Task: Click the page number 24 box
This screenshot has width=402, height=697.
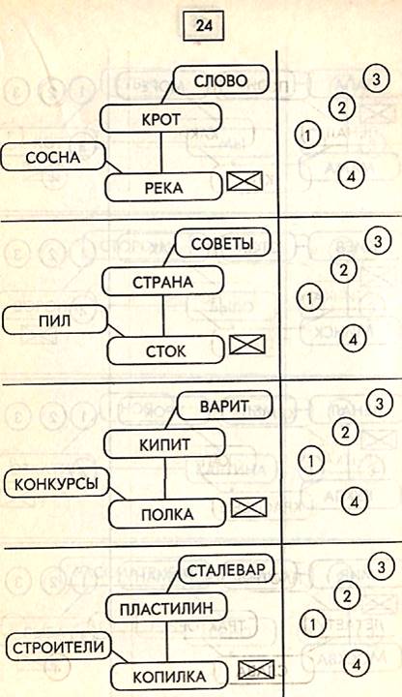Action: [x=203, y=26]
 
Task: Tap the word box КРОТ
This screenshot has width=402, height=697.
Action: [x=160, y=119]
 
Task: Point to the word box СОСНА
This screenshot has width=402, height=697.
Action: [x=53, y=157]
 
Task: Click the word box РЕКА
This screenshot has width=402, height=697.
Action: [x=163, y=187]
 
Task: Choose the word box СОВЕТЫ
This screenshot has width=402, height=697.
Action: [x=222, y=243]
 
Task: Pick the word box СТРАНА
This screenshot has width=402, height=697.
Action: [x=163, y=282]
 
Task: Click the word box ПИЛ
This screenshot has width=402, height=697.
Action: [x=55, y=319]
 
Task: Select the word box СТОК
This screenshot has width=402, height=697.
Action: [x=165, y=350]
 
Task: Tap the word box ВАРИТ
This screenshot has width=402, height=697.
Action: [x=224, y=406]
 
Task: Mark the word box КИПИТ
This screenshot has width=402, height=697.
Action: [x=164, y=443]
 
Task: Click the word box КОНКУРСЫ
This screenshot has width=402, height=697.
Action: [x=57, y=483]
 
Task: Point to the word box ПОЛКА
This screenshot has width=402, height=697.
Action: [x=167, y=514]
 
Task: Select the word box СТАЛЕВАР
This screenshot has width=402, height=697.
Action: [x=226, y=569]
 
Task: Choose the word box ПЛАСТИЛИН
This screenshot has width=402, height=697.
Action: [x=166, y=608]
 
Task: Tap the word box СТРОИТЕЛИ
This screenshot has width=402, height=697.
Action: [x=58, y=647]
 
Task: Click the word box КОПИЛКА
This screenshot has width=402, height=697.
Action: [x=169, y=677]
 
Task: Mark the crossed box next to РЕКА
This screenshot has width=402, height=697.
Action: [x=244, y=181]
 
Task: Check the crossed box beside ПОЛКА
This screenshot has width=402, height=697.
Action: [x=249, y=507]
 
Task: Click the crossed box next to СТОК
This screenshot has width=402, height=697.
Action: [x=246, y=345]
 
